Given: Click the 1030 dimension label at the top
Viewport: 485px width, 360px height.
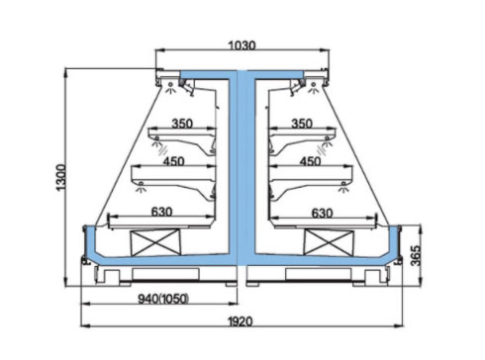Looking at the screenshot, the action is tap(242, 45).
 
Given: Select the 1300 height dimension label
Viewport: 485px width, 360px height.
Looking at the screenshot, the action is tap(61, 177).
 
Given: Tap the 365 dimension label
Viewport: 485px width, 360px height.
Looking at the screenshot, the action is tap(416, 255).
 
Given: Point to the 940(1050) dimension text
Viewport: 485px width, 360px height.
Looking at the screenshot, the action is tap(163, 299).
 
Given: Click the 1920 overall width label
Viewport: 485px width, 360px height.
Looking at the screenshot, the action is tap(241, 321).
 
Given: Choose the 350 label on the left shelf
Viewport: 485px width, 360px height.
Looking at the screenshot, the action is tap(182, 124).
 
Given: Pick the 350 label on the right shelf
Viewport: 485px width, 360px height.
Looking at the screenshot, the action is tap(302, 124).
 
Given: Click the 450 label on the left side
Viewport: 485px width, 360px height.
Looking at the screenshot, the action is tap(173, 161).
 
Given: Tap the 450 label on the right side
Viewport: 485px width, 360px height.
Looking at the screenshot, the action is tap(310, 161).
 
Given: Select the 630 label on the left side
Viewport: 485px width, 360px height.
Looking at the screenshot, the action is tap(161, 212).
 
